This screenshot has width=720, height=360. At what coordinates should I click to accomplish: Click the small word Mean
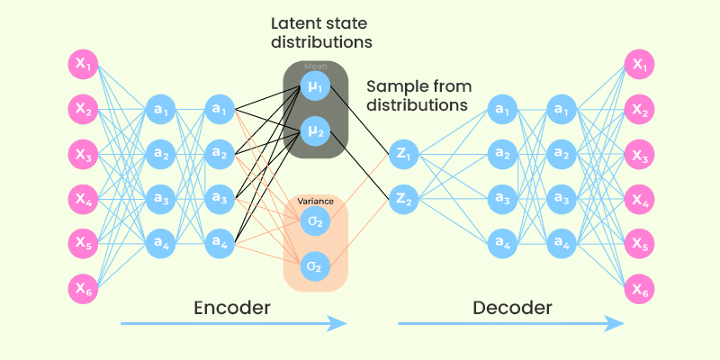point(315,67)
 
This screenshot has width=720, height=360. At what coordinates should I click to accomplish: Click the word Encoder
point(232,309)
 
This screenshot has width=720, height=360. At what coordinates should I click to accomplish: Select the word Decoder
point(511,309)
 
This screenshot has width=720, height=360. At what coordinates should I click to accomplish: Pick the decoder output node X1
point(640,65)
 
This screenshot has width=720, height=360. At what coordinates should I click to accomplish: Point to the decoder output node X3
point(640,154)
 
